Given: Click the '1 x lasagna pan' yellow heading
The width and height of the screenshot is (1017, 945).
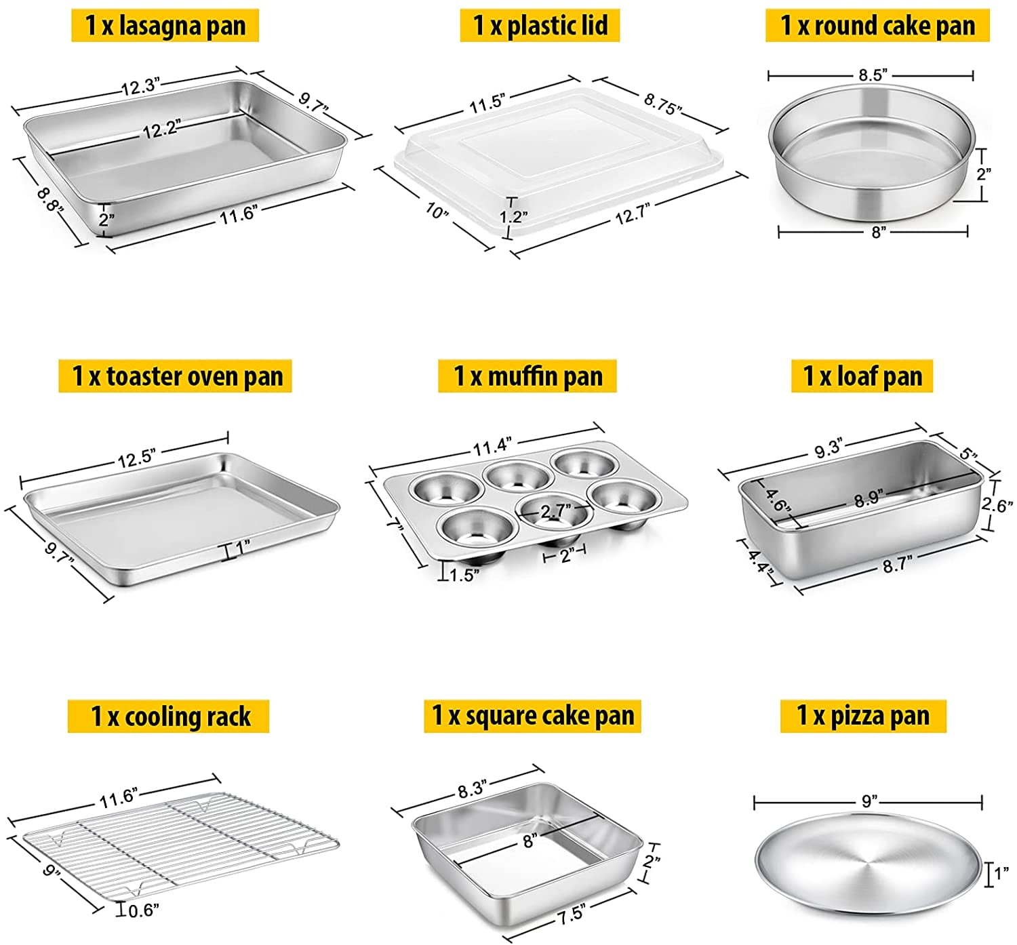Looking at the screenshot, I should (165, 26).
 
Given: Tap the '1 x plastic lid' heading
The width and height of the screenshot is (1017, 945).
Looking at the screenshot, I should (540, 26).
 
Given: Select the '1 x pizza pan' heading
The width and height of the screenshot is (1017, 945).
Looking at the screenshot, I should (862, 716).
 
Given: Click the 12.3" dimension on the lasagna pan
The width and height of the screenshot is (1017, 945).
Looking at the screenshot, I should (140, 86).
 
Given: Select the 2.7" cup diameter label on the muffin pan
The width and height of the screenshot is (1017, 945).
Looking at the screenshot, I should (555, 510).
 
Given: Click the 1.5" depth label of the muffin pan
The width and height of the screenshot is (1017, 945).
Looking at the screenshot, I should (464, 576).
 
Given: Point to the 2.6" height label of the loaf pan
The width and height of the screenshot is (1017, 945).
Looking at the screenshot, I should (997, 504).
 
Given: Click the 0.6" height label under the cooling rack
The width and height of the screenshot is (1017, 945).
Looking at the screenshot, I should (143, 910).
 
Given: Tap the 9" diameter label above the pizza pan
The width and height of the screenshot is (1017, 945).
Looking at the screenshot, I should (869, 801).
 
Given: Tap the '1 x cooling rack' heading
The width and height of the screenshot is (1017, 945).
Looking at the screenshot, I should (169, 717).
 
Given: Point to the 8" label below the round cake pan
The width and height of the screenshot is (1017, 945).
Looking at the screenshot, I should (878, 232).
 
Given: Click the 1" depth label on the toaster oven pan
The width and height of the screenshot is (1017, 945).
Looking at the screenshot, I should (242, 544).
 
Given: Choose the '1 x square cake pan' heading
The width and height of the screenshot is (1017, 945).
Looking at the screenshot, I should (532, 716).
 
